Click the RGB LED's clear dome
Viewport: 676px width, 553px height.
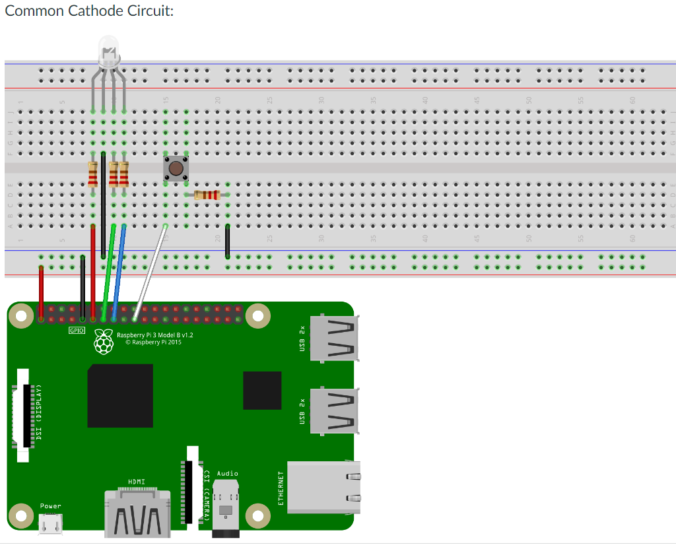pos(108,51)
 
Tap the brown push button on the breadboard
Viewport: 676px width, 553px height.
pos(176,168)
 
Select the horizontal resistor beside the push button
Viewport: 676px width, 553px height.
pos(207,195)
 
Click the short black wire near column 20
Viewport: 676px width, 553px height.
pos(228,241)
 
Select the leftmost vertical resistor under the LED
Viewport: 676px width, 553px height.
pos(92,174)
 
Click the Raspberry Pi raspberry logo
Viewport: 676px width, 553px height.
pos(104,341)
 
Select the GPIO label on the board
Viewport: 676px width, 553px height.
pos(77,330)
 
